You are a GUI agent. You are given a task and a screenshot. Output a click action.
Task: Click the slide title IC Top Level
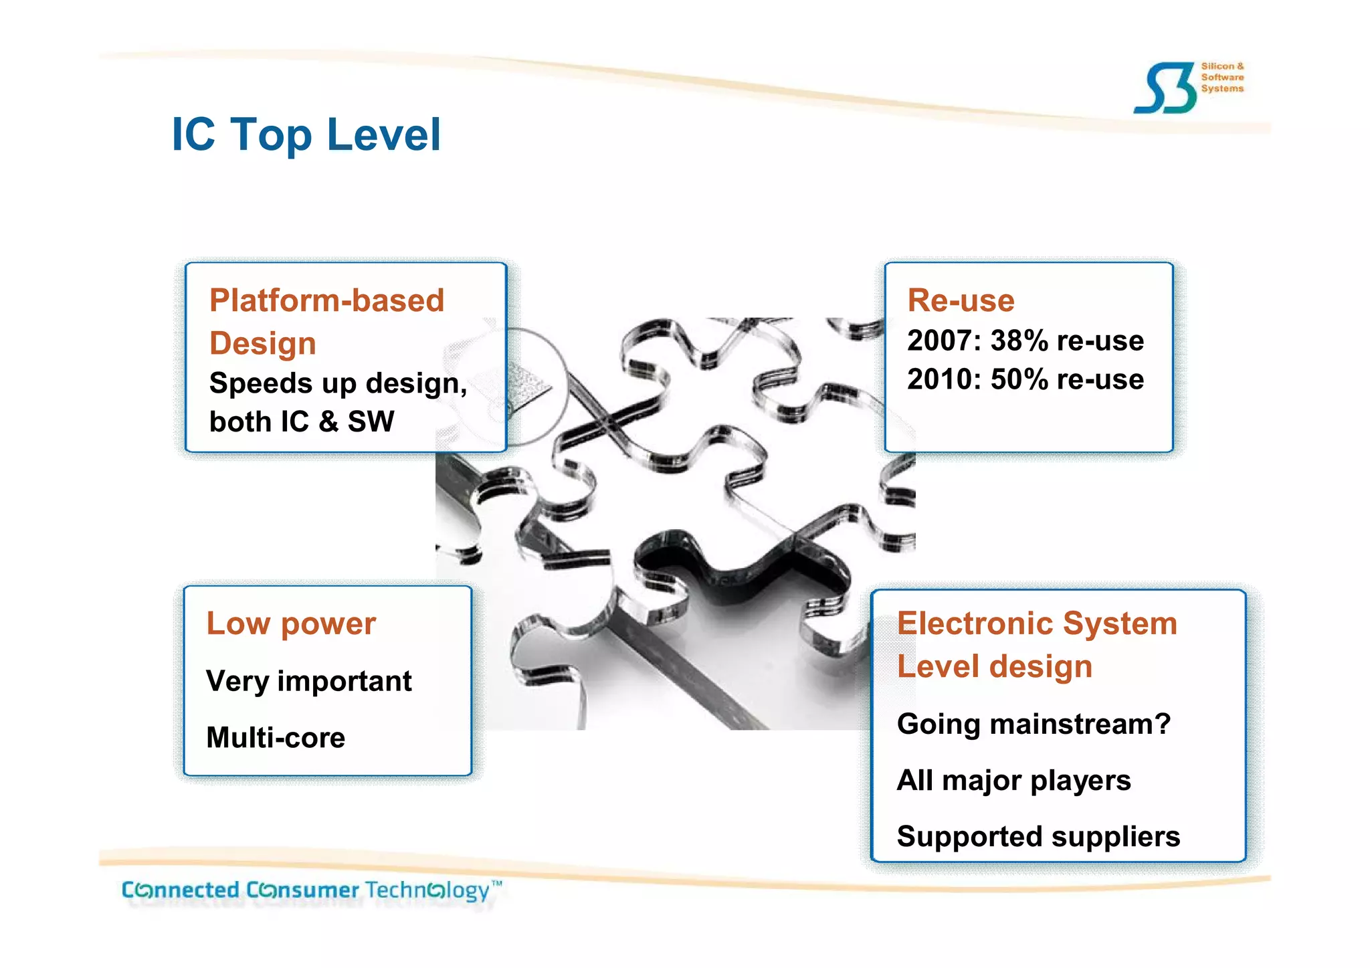click(x=306, y=134)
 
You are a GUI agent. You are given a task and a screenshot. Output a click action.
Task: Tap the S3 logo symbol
click(x=1165, y=88)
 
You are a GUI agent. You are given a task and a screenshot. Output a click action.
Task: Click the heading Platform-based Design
click(x=326, y=321)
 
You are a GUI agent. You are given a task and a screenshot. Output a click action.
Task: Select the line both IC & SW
click(x=302, y=421)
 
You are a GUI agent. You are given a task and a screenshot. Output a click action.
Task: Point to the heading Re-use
click(x=961, y=300)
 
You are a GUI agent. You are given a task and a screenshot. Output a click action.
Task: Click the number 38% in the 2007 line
click(x=1019, y=341)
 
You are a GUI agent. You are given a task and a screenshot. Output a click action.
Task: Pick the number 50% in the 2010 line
click(x=1019, y=379)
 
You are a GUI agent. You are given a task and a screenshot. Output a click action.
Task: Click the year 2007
click(x=939, y=341)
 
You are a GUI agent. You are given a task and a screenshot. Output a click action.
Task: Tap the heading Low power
click(x=291, y=623)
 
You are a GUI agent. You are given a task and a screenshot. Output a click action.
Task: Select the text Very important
click(x=308, y=681)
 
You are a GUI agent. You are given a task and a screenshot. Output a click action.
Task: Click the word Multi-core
click(x=276, y=737)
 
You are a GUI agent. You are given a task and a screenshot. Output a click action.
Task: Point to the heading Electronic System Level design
click(x=1036, y=644)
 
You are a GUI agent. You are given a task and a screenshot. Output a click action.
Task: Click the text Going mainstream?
click(x=1034, y=724)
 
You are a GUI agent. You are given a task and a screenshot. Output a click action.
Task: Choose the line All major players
click(x=1013, y=780)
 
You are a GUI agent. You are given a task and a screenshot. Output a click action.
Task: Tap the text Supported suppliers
click(x=1038, y=836)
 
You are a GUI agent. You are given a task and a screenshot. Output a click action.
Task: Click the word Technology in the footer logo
click(x=428, y=890)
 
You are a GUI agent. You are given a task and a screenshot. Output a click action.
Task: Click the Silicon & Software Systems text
click(x=1221, y=77)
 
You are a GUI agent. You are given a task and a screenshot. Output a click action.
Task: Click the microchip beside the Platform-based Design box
click(x=528, y=388)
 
